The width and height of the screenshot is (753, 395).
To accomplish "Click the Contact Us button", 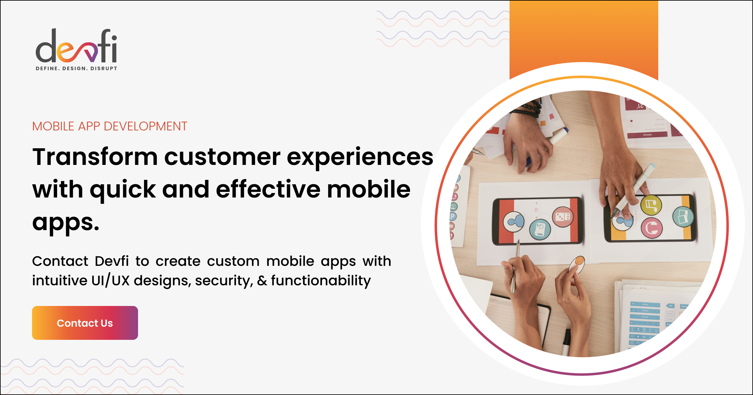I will click(85, 323).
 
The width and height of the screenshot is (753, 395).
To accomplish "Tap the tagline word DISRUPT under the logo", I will click(104, 68).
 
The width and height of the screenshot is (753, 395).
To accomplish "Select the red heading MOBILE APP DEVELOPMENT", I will click(109, 126).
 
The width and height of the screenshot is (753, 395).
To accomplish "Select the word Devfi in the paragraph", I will click(112, 261).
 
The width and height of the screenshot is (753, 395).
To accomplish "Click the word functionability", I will click(321, 280).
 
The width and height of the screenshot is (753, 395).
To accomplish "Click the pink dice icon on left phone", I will click(563, 217).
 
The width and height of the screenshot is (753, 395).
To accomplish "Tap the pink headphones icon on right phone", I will click(652, 228).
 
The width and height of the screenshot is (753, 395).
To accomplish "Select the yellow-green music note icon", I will click(651, 206).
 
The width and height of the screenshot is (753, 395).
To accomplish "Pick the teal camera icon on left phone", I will click(540, 229).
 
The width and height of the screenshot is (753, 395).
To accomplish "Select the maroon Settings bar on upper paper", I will click(647, 135).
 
